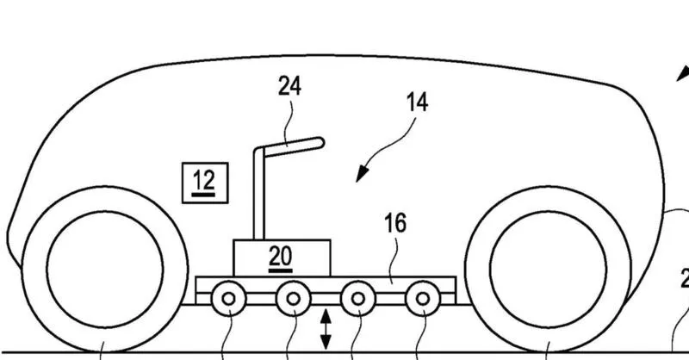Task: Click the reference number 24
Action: [x=289, y=86]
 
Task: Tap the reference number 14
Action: [x=417, y=102]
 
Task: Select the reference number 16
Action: [x=395, y=223]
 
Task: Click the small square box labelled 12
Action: [x=205, y=183]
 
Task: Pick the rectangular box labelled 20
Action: [x=282, y=258]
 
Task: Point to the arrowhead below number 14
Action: [x=361, y=174]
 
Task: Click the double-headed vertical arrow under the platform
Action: [x=326, y=329]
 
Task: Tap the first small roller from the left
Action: [x=228, y=299]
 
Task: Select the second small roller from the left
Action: [x=293, y=299]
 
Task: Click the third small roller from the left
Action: [x=358, y=299]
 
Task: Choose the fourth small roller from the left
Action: [x=423, y=299]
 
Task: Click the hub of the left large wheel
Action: [x=105, y=270]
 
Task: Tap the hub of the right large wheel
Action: [x=548, y=270]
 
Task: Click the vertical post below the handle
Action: [x=259, y=196]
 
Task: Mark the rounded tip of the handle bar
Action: [x=320, y=142]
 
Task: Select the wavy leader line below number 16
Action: [x=394, y=258]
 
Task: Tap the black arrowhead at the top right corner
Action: [x=683, y=73]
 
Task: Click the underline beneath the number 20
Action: [x=281, y=270]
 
